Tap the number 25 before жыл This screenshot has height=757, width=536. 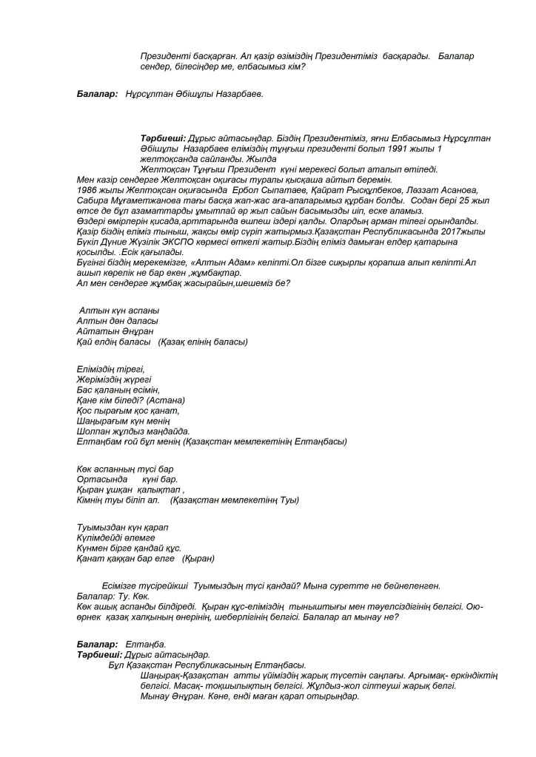pos(449,200)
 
